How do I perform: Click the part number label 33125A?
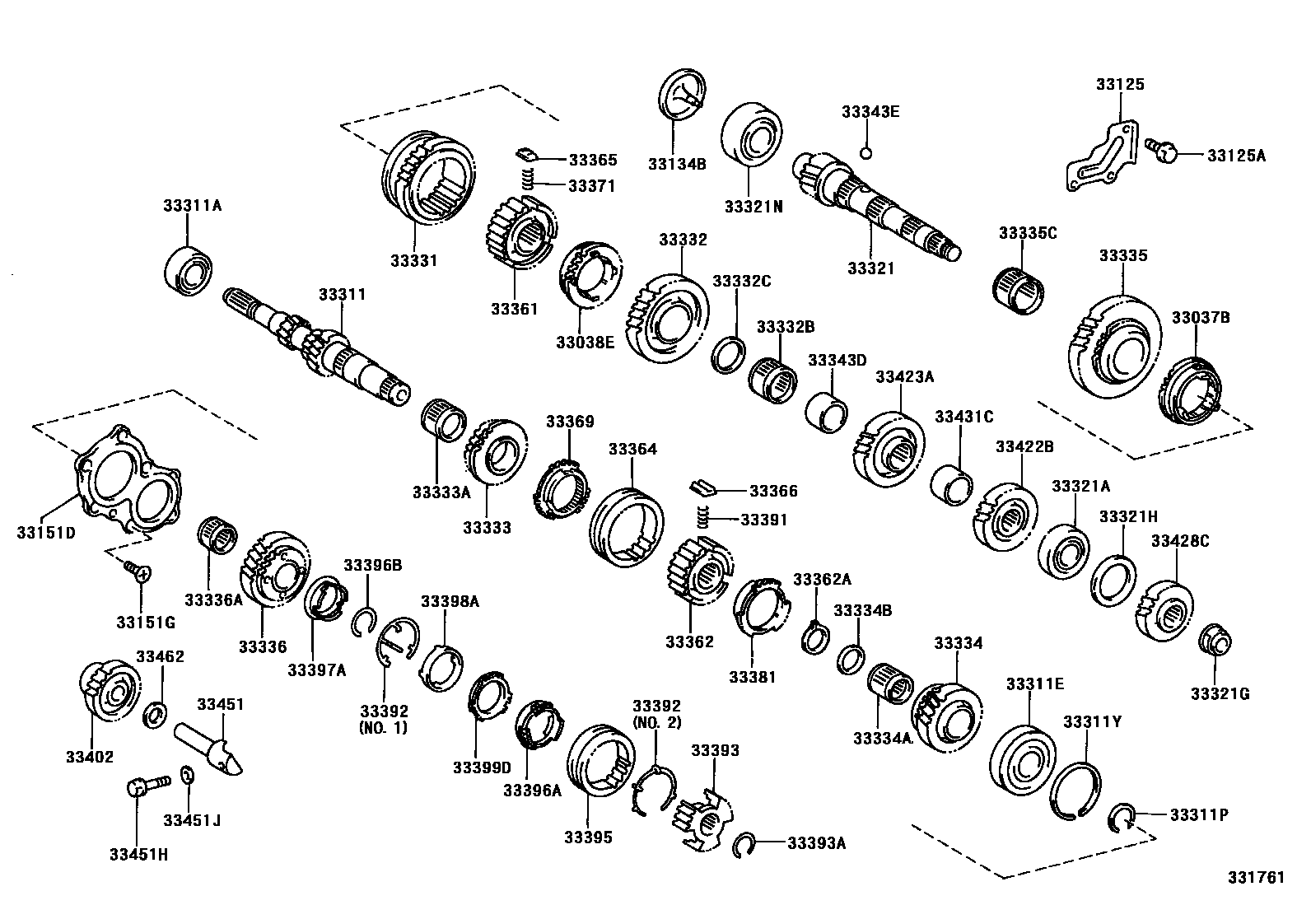point(1236,155)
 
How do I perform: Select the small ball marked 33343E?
point(865,152)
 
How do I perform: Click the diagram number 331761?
point(1257,878)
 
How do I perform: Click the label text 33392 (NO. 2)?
point(656,714)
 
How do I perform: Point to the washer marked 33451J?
point(188,775)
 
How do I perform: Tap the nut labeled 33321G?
point(1216,640)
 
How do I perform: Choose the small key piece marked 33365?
point(526,154)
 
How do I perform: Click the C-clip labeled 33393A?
point(744,846)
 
